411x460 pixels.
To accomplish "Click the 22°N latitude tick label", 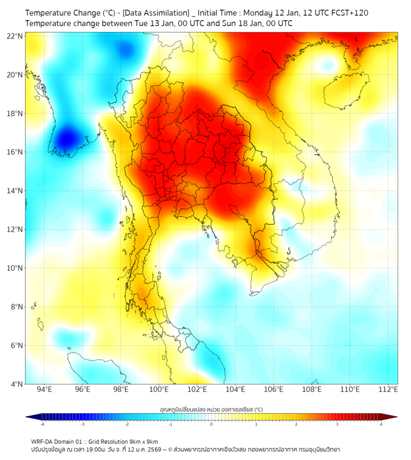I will (15, 36).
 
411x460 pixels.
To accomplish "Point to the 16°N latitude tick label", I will (15, 152).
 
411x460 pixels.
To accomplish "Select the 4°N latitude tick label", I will (16, 384).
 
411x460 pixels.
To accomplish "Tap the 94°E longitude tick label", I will (44, 389).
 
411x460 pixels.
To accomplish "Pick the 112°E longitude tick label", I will (388, 389).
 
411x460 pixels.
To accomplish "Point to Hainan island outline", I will (345, 91).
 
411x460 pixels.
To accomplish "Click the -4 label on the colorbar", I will (41, 424).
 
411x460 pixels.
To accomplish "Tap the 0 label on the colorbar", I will (212, 424).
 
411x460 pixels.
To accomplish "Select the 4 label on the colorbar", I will (381, 424).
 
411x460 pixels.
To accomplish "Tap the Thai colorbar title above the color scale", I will (211, 409).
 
